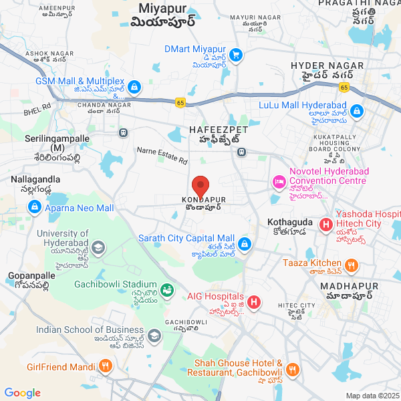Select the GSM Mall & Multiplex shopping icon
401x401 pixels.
click(134, 86)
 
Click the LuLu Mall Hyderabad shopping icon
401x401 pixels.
click(358, 110)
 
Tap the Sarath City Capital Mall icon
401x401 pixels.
click(245, 244)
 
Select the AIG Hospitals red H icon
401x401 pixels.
click(254, 302)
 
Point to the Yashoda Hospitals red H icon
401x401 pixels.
click(326, 225)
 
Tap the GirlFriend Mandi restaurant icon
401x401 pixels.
click(105, 366)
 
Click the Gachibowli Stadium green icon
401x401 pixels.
click(166, 290)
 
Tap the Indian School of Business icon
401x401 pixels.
click(154, 336)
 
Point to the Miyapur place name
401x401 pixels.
click(167, 8)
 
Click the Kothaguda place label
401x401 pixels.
click(289, 221)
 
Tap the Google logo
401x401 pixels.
click(22, 393)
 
